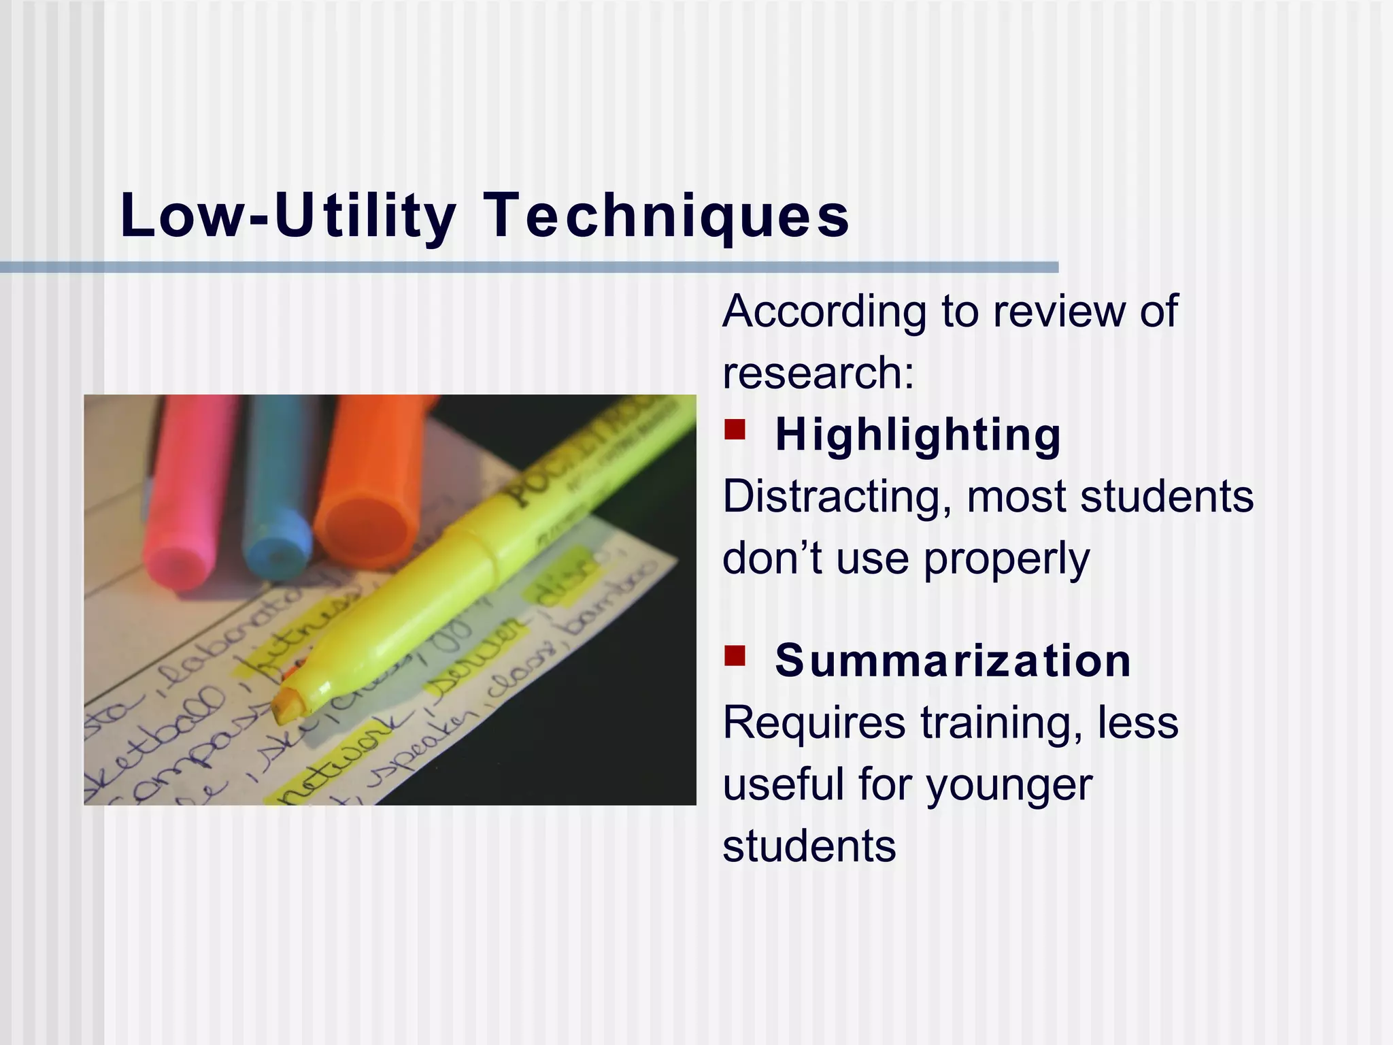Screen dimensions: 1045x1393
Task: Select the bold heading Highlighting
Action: [x=918, y=435]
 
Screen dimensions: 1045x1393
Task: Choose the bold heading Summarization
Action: [x=952, y=661]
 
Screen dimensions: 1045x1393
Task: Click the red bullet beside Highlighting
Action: [x=735, y=430]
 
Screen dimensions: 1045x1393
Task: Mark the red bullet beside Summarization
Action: [x=735, y=656]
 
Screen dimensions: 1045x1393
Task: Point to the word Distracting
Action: [x=837, y=497]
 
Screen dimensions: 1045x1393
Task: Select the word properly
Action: [x=1007, y=559]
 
